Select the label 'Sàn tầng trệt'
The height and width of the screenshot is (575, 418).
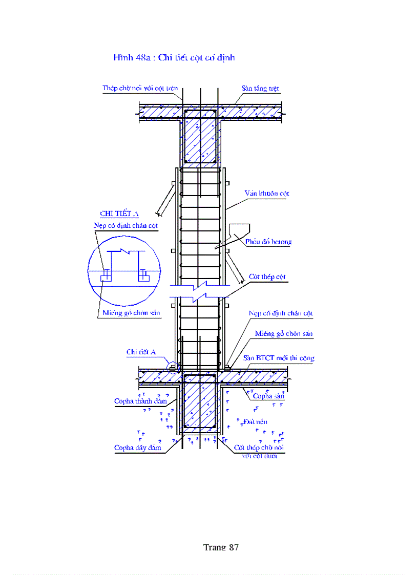pyautogui.click(x=260, y=88)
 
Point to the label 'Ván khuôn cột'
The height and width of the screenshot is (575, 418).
pyautogui.click(x=266, y=193)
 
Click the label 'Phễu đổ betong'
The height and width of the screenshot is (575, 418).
pyautogui.click(x=268, y=242)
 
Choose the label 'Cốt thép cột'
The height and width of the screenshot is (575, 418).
pyautogui.click(x=267, y=276)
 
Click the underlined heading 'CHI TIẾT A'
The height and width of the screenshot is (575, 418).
pyautogui.click(x=119, y=214)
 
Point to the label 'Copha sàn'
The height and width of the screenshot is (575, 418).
pyautogui.click(x=268, y=396)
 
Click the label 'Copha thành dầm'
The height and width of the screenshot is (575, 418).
pyautogui.click(x=137, y=401)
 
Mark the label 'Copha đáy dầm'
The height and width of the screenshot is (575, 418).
pyautogui.click(x=138, y=448)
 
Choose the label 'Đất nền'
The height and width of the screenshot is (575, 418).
pyautogui.click(x=256, y=421)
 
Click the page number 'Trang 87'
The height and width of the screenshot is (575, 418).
pyautogui.click(x=221, y=547)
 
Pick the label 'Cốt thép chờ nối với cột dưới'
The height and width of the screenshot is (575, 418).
pyautogui.click(x=259, y=451)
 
